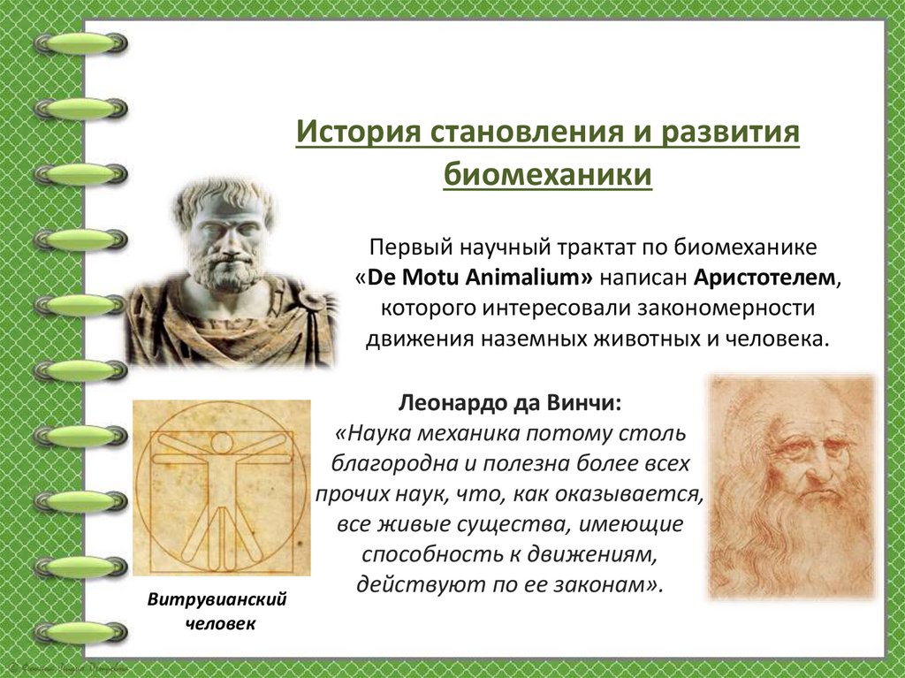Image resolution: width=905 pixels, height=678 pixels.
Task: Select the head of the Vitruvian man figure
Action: [221, 442]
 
